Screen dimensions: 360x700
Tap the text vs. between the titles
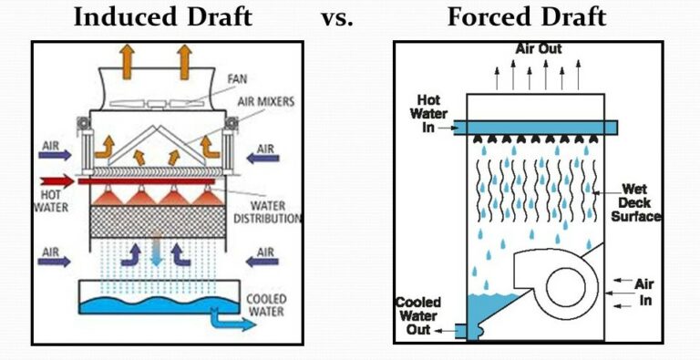pos(337,18)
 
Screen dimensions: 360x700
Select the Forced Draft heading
pos(526,16)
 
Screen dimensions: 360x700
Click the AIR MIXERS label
pos(264,102)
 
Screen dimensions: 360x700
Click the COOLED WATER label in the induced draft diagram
pos(267,305)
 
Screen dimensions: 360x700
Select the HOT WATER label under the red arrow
pos(52,201)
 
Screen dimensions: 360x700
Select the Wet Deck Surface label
pos(635,201)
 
